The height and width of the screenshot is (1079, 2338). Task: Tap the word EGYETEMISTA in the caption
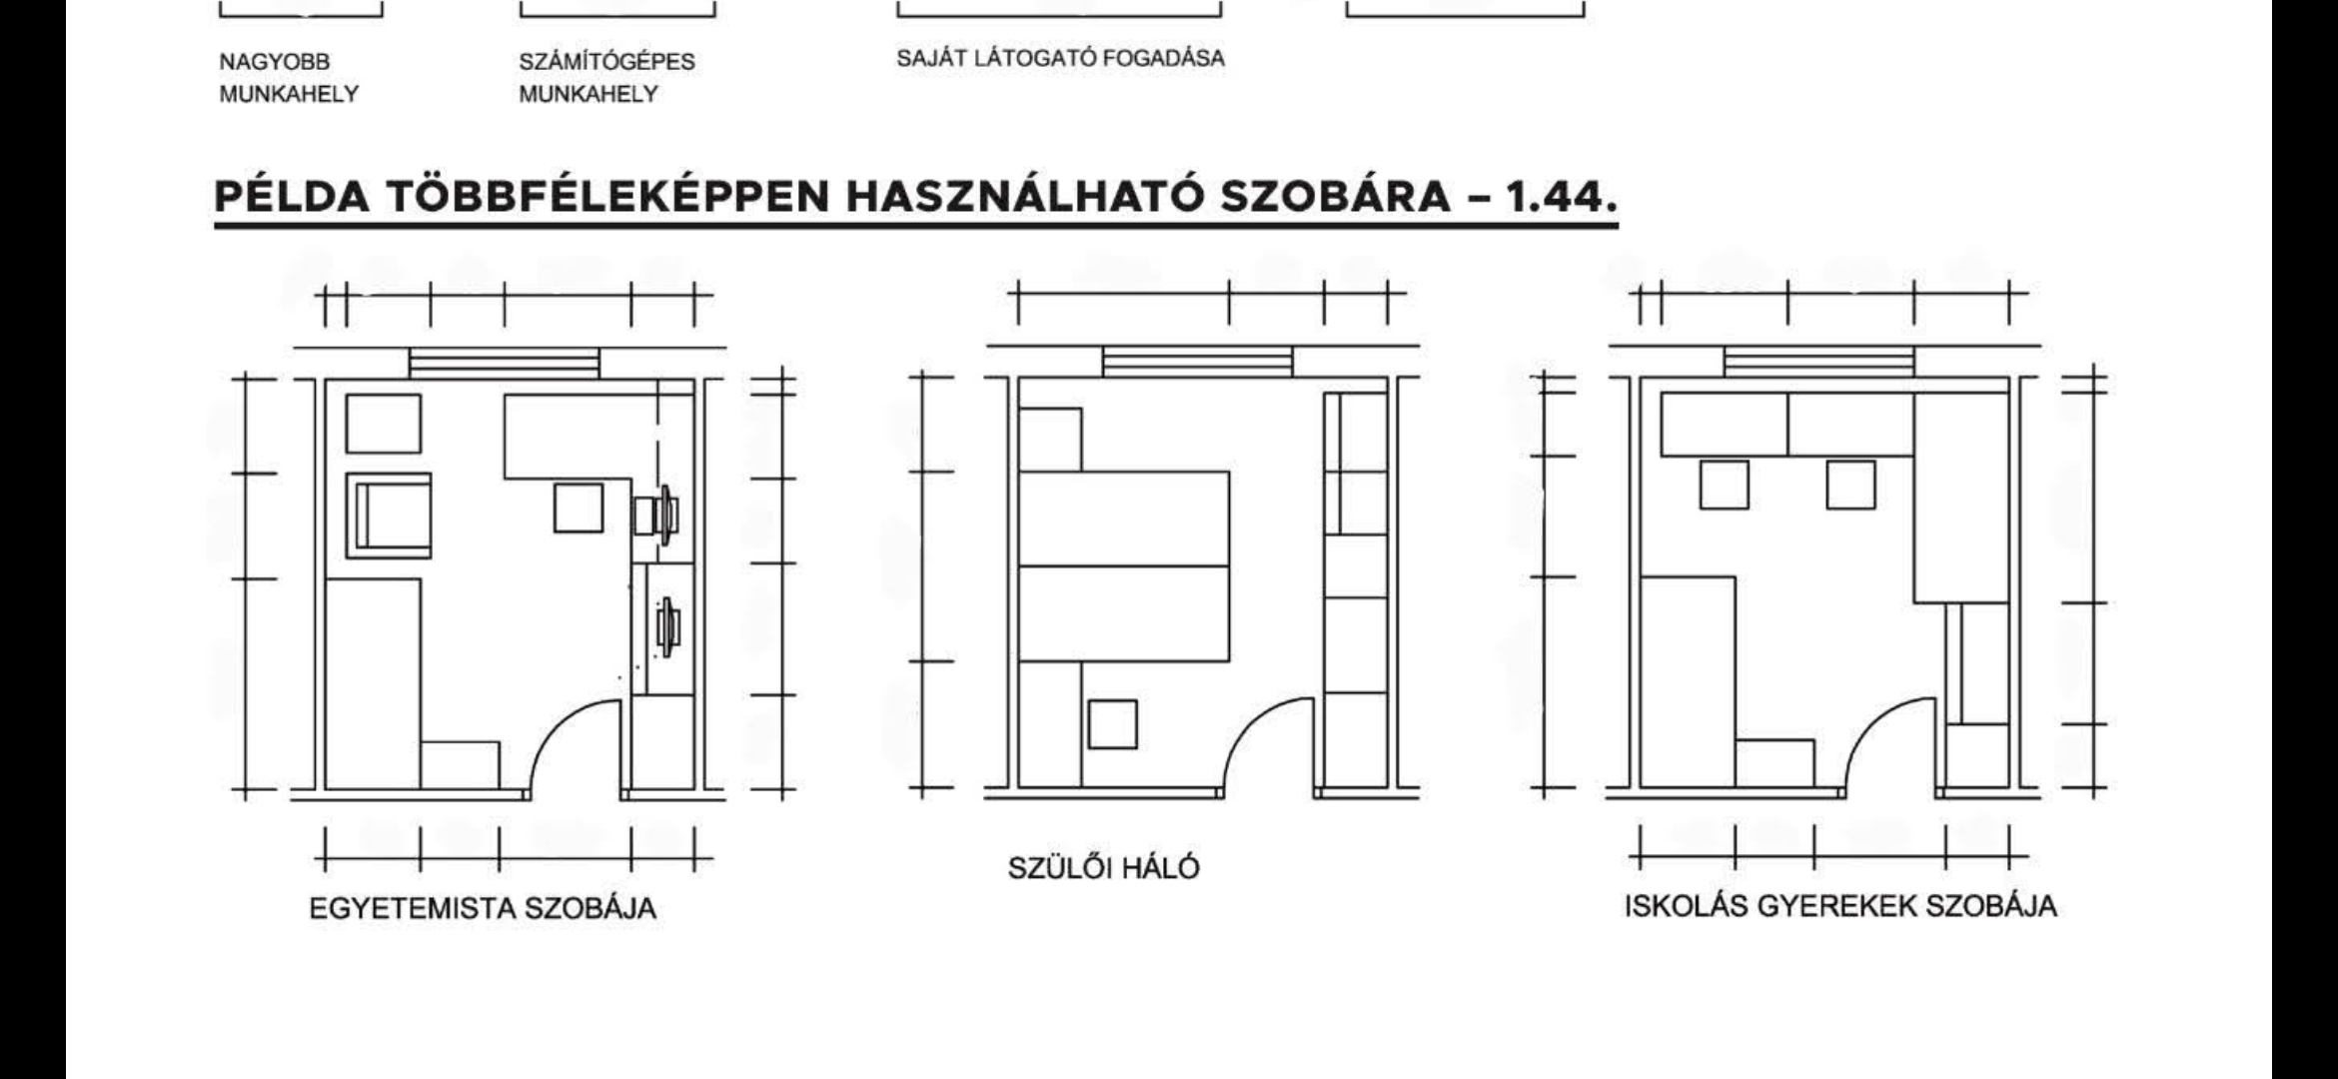pyautogui.click(x=413, y=909)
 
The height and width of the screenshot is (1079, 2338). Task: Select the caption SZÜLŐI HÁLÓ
pyautogui.click(x=1103, y=868)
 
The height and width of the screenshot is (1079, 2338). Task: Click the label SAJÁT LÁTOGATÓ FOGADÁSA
pyautogui.click(x=1060, y=58)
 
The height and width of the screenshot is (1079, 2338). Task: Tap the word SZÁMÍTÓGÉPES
pyautogui.click(x=606, y=62)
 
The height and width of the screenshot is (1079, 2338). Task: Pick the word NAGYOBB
pyautogui.click(x=274, y=62)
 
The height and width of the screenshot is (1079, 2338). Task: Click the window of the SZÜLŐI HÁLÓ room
pyautogui.click(x=1197, y=362)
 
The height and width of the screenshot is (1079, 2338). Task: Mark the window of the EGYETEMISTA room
pyautogui.click(x=505, y=363)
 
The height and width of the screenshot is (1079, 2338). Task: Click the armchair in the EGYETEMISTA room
pyautogui.click(x=389, y=516)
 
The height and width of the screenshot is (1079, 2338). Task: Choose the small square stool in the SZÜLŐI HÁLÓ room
pyautogui.click(x=1112, y=723)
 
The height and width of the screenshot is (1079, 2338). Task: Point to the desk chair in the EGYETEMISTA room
pyautogui.click(x=579, y=508)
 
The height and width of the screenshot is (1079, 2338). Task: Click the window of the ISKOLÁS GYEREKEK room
pyautogui.click(x=1819, y=362)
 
